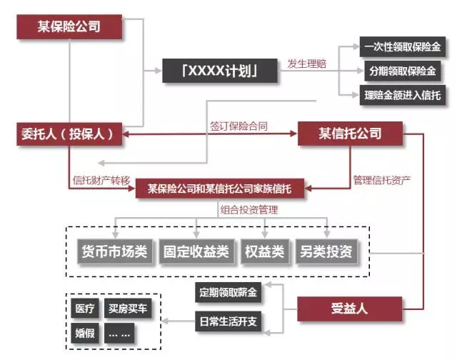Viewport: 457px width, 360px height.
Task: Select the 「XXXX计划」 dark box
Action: tap(219, 71)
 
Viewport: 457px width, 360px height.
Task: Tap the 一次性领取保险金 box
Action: tap(402, 48)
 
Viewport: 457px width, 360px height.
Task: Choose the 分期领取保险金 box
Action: tap(402, 71)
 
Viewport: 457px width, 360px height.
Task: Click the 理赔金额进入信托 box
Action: tap(402, 95)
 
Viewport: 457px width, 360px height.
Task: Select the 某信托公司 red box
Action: tap(350, 133)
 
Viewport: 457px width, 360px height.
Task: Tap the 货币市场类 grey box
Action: tap(114, 251)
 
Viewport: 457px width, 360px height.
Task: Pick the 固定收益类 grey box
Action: tap(196, 251)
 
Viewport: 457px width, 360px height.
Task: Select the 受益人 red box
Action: tap(349, 309)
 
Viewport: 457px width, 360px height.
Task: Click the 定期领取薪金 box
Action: tap(228, 292)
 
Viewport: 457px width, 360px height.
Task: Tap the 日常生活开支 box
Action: tap(228, 321)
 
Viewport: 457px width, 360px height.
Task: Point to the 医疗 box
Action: tap(84, 309)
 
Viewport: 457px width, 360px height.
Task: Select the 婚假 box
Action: tap(84, 333)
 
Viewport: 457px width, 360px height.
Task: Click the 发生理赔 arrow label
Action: tap(307, 64)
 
